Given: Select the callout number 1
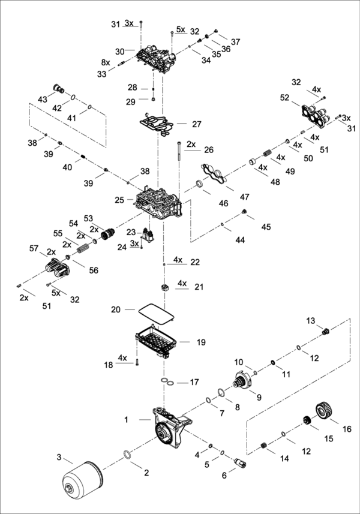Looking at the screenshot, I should coord(127,420).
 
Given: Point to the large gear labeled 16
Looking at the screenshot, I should coord(325,413).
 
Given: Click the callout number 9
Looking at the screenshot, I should coord(260,396).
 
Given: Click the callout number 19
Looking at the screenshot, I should coord(201,342).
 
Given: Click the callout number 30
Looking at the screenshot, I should coord(119,51).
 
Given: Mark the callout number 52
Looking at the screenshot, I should coord(284,97).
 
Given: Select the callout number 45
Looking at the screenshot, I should coord(266,227).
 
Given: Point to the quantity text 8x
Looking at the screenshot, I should coord(106,62).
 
